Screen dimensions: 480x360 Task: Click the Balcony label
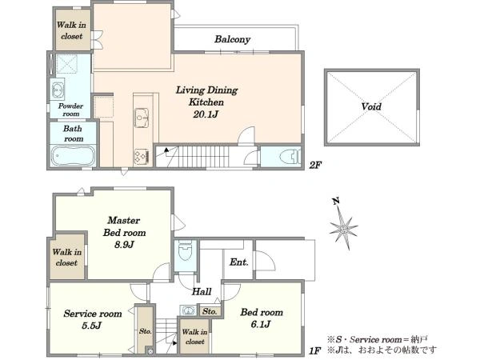click(x=232, y=39)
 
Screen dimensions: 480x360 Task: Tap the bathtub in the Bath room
click(x=73, y=156)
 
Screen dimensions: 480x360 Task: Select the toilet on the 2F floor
click(x=290, y=157)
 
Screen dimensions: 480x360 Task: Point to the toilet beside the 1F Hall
click(x=186, y=250)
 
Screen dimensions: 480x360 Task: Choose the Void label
click(x=371, y=106)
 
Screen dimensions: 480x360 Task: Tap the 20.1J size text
click(x=206, y=114)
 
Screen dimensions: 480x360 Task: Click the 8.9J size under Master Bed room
click(x=124, y=245)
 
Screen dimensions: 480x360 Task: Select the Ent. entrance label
click(x=238, y=262)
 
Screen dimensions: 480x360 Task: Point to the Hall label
click(x=202, y=291)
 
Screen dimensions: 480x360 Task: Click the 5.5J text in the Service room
click(x=91, y=326)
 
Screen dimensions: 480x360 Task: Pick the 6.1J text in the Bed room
click(x=261, y=324)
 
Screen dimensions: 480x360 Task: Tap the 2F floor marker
click(x=315, y=166)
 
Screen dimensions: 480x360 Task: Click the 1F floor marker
click(x=314, y=350)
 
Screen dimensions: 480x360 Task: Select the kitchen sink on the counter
click(x=142, y=118)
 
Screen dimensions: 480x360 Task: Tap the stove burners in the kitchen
click(x=141, y=157)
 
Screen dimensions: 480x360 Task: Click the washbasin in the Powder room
click(x=58, y=89)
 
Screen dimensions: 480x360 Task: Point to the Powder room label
click(x=70, y=110)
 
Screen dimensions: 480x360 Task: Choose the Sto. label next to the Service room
click(x=145, y=331)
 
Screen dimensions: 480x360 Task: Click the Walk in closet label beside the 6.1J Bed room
click(x=194, y=337)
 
